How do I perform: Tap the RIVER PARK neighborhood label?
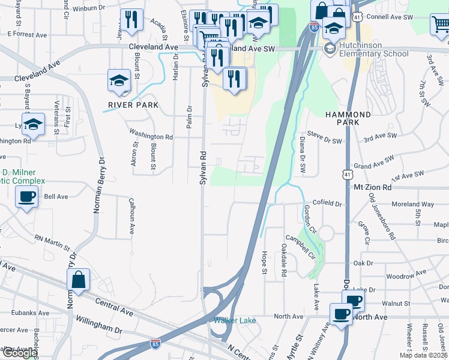click(133, 105)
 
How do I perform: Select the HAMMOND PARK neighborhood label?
click(348, 118)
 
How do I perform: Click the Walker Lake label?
click(235, 320)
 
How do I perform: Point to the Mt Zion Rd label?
click(372, 187)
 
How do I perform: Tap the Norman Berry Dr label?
click(98, 186)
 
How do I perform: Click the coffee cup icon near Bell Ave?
click(27, 197)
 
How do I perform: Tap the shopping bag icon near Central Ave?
click(79, 280)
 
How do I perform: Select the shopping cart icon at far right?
click(440, 25)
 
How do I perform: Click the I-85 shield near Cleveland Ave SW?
click(314, 26)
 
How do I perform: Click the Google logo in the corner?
click(19, 353)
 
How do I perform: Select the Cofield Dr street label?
click(327, 204)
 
